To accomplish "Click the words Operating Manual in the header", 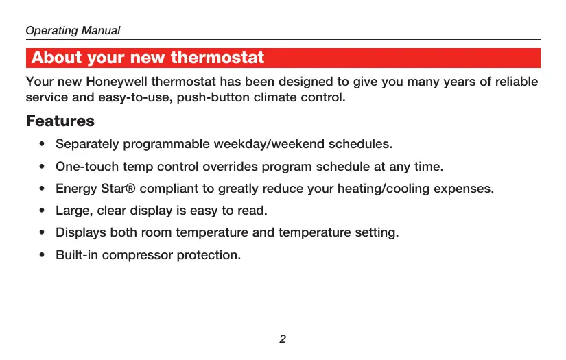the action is tap(73, 31).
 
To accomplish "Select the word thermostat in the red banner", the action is tap(217, 58).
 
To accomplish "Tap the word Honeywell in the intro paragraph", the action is tap(116, 82).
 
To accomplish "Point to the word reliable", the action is tap(516, 82).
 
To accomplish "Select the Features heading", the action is tap(60, 121).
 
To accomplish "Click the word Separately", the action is tap(87, 144).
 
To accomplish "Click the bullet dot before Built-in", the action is tap(42, 255).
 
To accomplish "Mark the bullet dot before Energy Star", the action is tap(42, 189).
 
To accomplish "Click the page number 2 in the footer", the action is tap(283, 339).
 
